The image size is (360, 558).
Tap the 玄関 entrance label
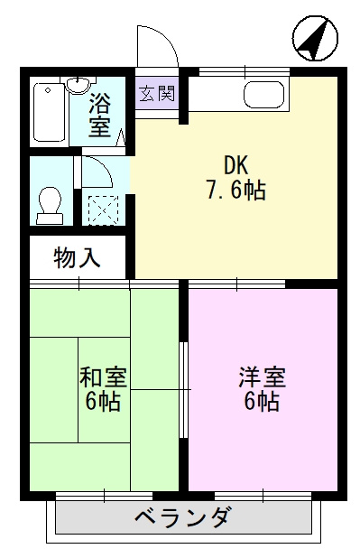click(x=157, y=93)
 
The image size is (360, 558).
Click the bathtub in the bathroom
click(x=48, y=112)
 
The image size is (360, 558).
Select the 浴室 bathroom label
click(x=100, y=115)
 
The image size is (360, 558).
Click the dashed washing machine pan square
click(x=103, y=208)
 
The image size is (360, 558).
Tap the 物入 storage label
click(x=76, y=258)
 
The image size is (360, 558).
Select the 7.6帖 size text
click(x=236, y=191)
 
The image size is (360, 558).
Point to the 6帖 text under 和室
click(x=103, y=402)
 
